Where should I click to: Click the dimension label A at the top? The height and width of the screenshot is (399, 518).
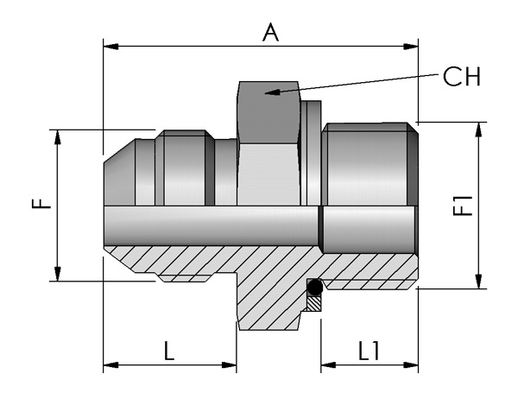(x=270, y=33)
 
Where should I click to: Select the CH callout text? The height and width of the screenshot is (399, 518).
(x=462, y=77)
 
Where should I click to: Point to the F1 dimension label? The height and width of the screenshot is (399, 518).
(x=463, y=206)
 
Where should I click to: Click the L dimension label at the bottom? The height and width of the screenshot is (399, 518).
(x=169, y=351)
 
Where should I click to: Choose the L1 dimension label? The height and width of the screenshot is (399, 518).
(x=369, y=351)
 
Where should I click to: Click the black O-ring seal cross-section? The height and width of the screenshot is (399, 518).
(x=314, y=288)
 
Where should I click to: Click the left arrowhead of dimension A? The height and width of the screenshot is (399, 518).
(x=111, y=47)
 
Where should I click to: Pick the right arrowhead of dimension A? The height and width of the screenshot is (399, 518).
(x=411, y=47)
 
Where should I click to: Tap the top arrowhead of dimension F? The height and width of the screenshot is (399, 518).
(x=58, y=137)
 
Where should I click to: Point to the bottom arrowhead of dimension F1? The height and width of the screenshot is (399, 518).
(x=478, y=281)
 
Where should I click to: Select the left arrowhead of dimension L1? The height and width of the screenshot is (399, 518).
(x=328, y=365)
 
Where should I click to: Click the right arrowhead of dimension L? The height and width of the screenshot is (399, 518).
(x=229, y=365)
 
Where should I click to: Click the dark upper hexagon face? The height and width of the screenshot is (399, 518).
(x=268, y=112)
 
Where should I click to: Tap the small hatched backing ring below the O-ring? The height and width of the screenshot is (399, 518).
(x=314, y=303)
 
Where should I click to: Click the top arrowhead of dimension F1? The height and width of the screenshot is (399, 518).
(x=478, y=130)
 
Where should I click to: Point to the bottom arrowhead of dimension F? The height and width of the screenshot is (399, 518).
(x=58, y=274)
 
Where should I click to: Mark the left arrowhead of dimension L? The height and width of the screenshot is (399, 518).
(x=111, y=365)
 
